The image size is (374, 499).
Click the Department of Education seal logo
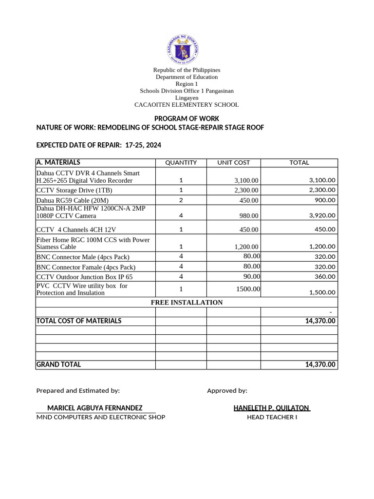tap(183, 49)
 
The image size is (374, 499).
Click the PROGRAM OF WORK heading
tap(187, 118)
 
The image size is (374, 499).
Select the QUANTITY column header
tap(181, 163)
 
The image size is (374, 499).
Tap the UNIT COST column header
tap(233, 163)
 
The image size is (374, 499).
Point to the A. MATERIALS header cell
tap(58, 162)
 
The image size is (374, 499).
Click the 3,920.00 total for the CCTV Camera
tap(322, 215)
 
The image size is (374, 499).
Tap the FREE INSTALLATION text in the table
tap(187, 303)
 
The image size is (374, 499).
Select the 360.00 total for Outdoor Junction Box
tap(324, 277)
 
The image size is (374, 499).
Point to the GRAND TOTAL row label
tap(59, 365)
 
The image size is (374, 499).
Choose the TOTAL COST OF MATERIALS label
tap(79, 321)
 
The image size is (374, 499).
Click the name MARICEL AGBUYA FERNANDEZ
tap(94, 408)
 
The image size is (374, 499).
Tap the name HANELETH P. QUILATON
tap(271, 408)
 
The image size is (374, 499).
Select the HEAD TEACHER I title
tap(272, 417)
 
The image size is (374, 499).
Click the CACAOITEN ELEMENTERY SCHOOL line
tap(187, 105)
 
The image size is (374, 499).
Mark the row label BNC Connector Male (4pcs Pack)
tap(83, 257)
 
